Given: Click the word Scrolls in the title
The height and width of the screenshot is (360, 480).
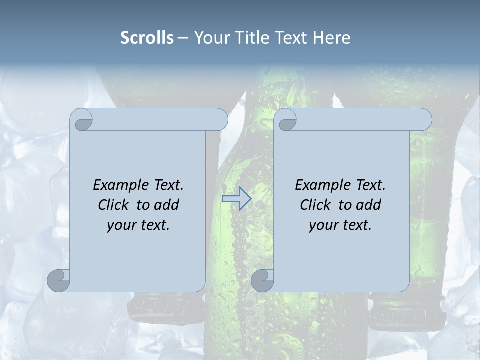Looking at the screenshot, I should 147,38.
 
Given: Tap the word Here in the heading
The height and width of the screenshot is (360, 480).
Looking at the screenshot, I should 332,38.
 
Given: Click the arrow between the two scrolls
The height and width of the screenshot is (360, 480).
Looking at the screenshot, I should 236,199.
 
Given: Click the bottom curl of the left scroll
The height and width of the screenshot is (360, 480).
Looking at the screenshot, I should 58,280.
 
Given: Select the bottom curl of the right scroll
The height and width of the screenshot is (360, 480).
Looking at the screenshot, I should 262,280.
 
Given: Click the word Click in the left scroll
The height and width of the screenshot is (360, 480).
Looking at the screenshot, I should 114,205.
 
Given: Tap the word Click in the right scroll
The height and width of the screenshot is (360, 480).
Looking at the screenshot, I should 315,205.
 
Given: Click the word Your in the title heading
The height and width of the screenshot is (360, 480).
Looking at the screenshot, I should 210,38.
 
